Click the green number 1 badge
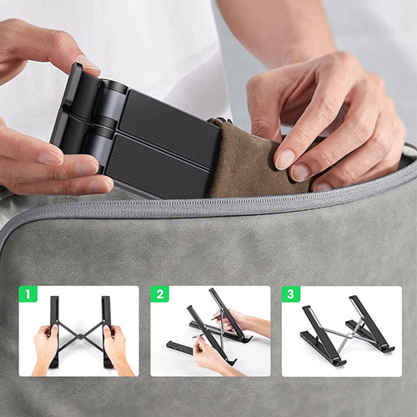click(x=28, y=294)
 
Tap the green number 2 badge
click(x=160, y=294)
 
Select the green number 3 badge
click(x=291, y=294)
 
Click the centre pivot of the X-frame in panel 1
click(x=80, y=336)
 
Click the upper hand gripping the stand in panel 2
click(x=244, y=323)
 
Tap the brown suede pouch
click(x=256, y=164)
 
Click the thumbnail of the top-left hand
click(x=87, y=63)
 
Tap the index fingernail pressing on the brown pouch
click(x=284, y=158)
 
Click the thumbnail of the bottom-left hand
click(x=52, y=158)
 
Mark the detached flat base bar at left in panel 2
click(x=179, y=348)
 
